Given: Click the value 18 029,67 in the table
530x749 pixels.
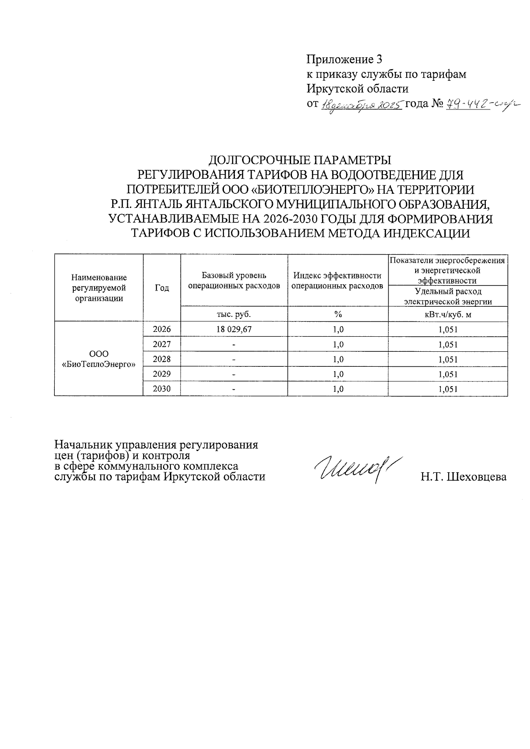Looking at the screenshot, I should click(234, 329).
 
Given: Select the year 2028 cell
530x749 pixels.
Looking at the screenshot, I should click(162, 359).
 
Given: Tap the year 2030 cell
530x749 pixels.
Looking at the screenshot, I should click(162, 389).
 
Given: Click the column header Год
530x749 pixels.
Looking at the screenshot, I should click(162, 288).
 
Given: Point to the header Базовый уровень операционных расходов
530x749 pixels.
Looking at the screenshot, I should click(234, 281).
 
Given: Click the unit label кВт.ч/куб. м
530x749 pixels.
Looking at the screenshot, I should click(448, 314).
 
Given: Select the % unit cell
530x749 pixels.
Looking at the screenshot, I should click(338, 314).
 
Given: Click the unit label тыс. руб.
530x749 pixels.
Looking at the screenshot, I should click(234, 314).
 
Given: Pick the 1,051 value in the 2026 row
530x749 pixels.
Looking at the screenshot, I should click(448, 329).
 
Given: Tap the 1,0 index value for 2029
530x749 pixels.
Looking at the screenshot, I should click(338, 374).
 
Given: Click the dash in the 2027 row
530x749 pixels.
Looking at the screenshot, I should click(234, 344).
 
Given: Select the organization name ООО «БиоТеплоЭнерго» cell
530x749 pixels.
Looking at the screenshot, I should click(98, 359).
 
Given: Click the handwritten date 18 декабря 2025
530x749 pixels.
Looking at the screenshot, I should click(361, 105).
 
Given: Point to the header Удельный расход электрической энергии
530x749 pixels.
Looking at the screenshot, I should click(448, 296).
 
